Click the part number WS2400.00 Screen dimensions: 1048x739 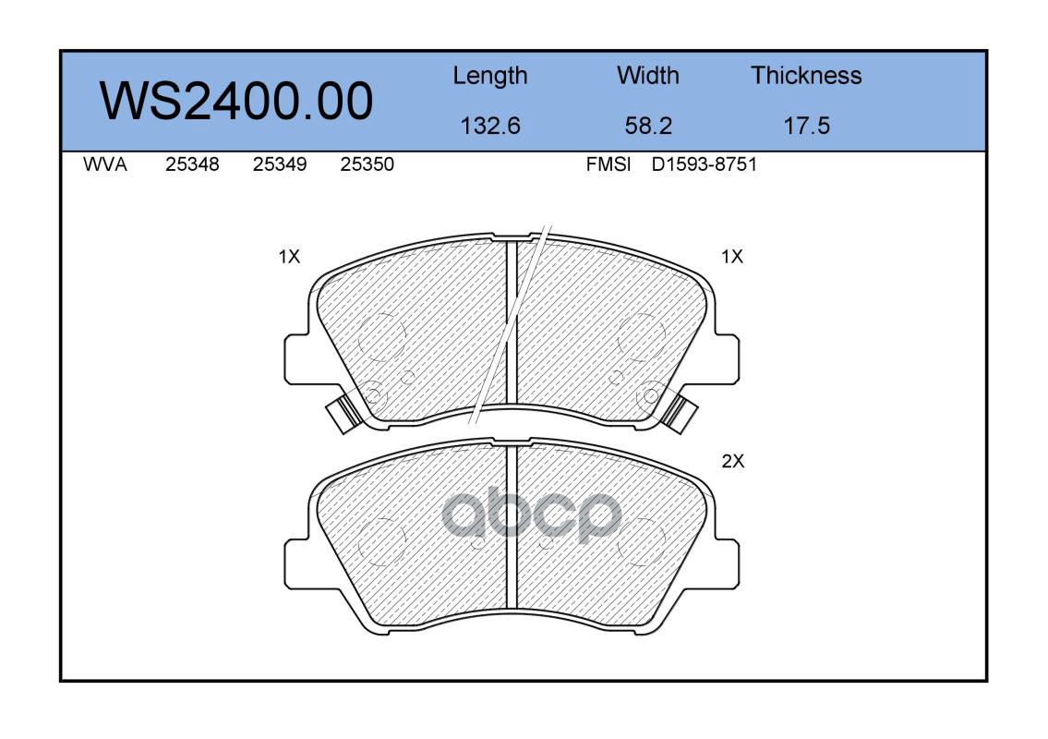pyautogui.click(x=236, y=101)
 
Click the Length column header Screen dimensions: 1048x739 pyautogui.click(x=490, y=77)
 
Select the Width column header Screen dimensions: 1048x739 pyautogui.click(x=647, y=75)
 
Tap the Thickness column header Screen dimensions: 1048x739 pyautogui.click(x=806, y=75)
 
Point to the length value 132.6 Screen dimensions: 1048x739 pyautogui.click(x=490, y=126)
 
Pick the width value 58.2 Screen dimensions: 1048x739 pyautogui.click(x=647, y=126)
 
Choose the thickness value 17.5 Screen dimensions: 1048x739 pyautogui.click(x=806, y=126)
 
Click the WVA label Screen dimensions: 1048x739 pyautogui.click(x=105, y=164)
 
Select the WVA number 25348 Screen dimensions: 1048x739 pyautogui.click(x=192, y=164)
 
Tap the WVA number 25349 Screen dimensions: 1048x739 pyautogui.click(x=280, y=164)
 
